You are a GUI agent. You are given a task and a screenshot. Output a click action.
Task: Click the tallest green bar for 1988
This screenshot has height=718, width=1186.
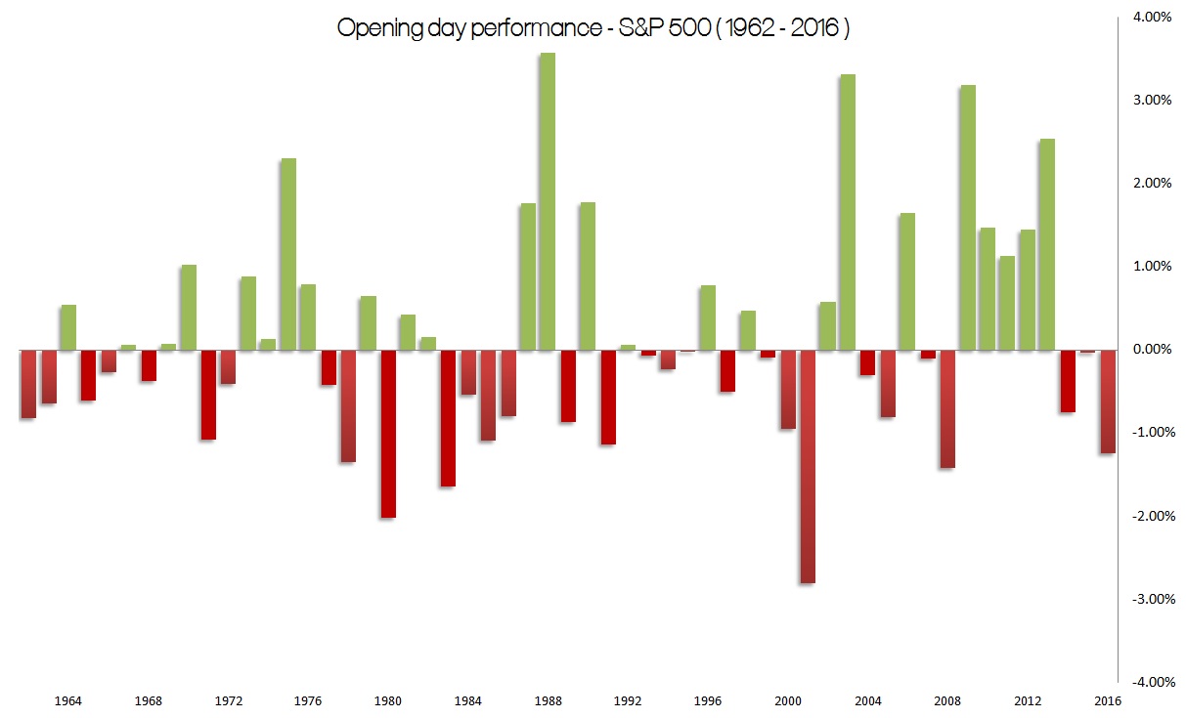point(548,201)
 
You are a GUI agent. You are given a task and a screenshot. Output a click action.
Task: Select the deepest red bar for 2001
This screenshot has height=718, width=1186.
point(807,466)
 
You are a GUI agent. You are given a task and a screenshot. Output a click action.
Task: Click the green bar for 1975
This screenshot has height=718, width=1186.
point(288,254)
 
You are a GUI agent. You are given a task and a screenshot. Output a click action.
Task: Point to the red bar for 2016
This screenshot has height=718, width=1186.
point(1107,401)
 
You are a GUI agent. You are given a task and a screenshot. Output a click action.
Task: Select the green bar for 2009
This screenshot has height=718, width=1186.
point(967,217)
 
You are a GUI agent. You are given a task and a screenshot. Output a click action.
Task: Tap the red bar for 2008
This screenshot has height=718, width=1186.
point(946,408)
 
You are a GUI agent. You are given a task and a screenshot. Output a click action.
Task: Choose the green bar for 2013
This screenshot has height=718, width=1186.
point(1047,244)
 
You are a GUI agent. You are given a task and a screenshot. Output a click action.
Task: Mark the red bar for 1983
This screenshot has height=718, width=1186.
point(448,417)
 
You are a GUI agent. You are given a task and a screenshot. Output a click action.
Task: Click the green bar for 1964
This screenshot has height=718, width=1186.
point(68,327)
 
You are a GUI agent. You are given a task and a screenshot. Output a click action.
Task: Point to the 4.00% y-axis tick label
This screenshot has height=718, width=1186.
point(1152,17)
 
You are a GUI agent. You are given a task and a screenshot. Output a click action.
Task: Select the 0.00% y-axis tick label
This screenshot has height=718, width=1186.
point(1152,350)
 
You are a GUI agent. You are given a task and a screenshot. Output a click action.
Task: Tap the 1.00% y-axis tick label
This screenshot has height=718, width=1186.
point(1152,267)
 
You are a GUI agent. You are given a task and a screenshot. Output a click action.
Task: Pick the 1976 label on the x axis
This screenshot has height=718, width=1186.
point(308,700)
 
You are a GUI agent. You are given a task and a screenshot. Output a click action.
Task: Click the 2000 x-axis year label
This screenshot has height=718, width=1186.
point(787,700)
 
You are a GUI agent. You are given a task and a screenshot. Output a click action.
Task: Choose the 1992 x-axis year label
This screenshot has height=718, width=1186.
point(628,700)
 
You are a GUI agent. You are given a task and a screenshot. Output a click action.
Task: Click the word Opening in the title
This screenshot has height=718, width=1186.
point(375,29)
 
